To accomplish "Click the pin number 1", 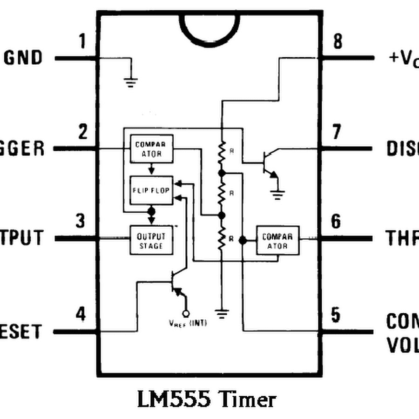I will pyautogui.click(x=83, y=41).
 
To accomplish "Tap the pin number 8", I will pyautogui.click(x=338, y=41).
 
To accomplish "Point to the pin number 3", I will pyautogui.click(x=81, y=221).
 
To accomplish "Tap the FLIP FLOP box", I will pyautogui.click(x=151, y=190).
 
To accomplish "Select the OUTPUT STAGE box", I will pyautogui.click(x=151, y=240).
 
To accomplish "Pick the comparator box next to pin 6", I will pyautogui.click(x=277, y=240).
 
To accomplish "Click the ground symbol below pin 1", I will pyautogui.click(x=131, y=82).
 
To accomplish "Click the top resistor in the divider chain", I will pyautogui.click(x=222, y=151).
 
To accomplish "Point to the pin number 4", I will pyautogui.click(x=81, y=315).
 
